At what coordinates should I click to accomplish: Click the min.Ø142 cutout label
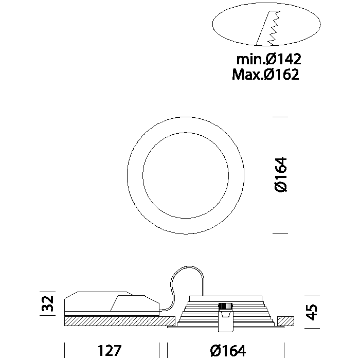pos(268,59)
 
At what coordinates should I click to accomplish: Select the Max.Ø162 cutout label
pos(266,74)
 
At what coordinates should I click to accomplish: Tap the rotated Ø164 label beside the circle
pos(281,174)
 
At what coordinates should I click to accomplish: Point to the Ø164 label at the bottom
pos(228,350)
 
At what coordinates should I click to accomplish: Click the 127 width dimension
pos(110,350)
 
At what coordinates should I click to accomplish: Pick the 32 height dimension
pos(47,303)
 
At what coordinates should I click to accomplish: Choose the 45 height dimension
pos(312,312)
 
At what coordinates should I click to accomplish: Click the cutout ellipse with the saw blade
pos(212,24)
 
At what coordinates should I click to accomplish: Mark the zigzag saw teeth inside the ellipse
pos(275,28)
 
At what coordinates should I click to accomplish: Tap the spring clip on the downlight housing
pos(225,317)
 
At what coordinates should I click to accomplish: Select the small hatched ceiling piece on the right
pos(285,321)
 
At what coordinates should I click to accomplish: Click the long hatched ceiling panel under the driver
pos(120,321)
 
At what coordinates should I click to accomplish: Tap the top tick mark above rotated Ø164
pos(280,117)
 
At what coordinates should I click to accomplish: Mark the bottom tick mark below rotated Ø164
pos(280,233)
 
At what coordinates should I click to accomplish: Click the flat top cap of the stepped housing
pos(225,298)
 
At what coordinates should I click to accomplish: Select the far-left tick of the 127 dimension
pos(64,350)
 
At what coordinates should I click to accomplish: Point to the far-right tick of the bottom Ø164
pos(284,350)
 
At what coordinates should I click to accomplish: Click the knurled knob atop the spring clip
pos(225,307)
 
